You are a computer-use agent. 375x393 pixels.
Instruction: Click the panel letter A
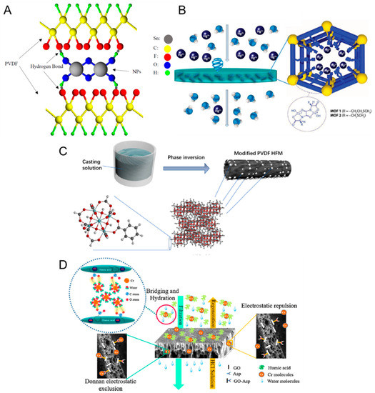pyautogui.click(x=9, y=9)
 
